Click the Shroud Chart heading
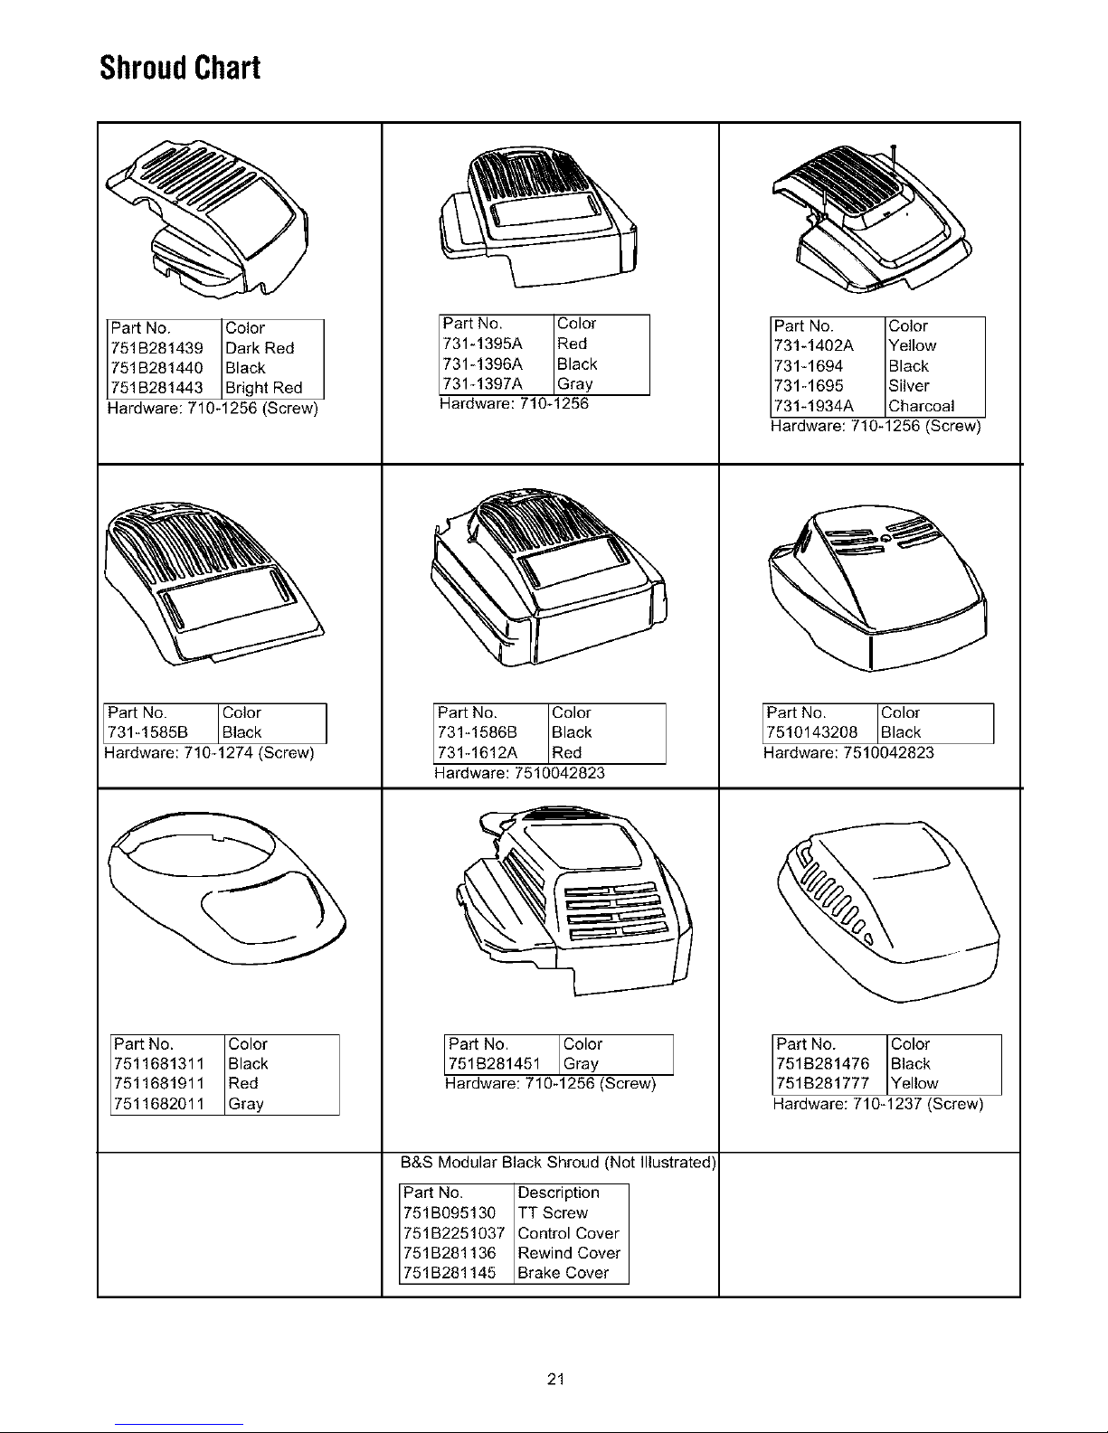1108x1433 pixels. coord(180,68)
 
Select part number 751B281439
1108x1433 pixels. coord(157,347)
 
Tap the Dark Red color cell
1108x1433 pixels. coord(260,347)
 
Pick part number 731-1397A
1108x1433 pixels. coord(483,384)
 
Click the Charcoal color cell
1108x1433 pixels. coord(921,406)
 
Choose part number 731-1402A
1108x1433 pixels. coord(814,344)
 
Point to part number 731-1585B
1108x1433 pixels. coord(147,732)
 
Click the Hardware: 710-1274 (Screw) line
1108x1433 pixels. coord(209,752)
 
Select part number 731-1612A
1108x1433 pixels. coord(478,752)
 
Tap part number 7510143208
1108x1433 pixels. coord(811,732)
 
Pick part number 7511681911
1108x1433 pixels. coord(159,1083)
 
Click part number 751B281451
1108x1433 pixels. coord(494,1063)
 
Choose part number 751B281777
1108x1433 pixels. coord(822,1083)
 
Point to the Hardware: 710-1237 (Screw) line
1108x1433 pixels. coord(878,1103)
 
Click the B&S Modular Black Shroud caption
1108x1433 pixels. coord(558,1162)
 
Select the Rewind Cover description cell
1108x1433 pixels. coord(569,1252)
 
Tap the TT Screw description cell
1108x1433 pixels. coord(552,1212)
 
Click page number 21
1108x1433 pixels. coord(555,1379)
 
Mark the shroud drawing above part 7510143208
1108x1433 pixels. coord(877,589)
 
